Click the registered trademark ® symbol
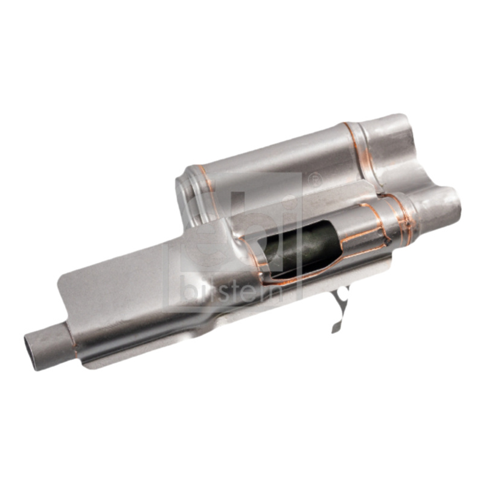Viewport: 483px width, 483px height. [x=314, y=179]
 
